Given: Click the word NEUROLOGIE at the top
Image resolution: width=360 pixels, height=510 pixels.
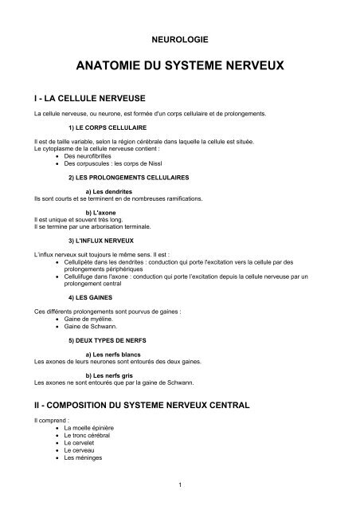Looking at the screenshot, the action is pyautogui.click(x=179, y=37).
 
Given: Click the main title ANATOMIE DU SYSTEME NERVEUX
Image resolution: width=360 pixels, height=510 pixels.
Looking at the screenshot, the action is pyautogui.click(x=179, y=66).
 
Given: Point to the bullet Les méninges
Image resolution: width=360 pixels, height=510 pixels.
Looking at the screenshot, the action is pyautogui.click(x=84, y=457).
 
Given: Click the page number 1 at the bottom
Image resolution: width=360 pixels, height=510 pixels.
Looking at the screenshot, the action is pyautogui.click(x=182, y=483).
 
